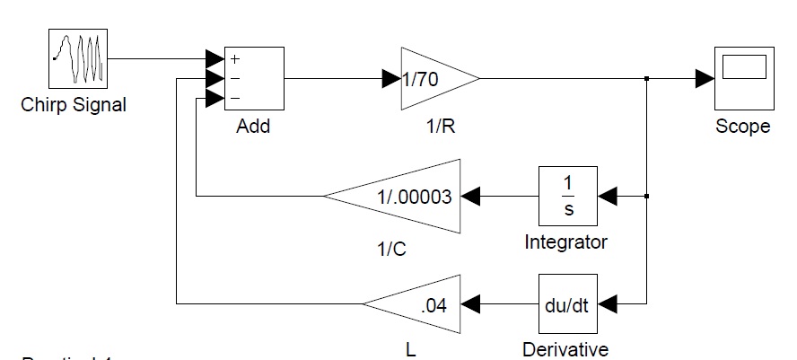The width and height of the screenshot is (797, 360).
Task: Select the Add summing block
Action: coord(254,78)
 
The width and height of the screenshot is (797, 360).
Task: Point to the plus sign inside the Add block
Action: coord(236,60)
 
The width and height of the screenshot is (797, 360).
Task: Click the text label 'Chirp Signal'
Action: coord(74,105)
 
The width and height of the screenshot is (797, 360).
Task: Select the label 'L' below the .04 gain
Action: coord(410,351)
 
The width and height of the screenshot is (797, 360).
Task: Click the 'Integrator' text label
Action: coord(566,242)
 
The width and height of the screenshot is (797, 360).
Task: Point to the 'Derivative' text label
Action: coord(566,349)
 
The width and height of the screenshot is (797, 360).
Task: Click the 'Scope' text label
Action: coord(742,127)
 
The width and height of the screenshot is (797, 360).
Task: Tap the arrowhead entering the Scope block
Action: coord(705,79)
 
